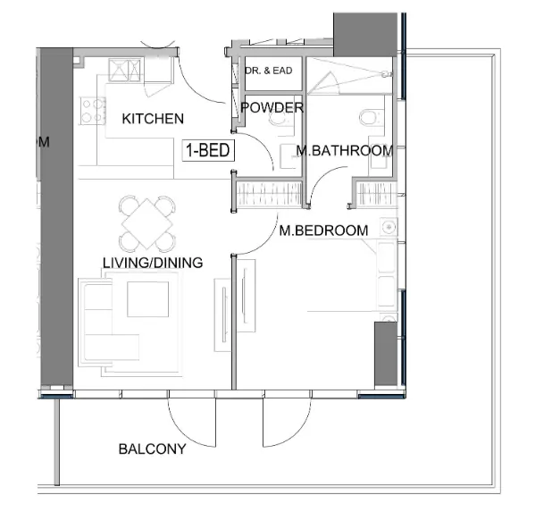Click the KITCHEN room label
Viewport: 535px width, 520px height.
tap(153, 119)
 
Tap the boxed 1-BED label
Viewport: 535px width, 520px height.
tap(207, 151)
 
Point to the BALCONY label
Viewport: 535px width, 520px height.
tap(152, 449)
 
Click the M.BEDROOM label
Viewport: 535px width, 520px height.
tap(322, 231)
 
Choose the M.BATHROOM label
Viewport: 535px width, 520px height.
tap(346, 151)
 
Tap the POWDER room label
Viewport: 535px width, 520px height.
tap(272, 108)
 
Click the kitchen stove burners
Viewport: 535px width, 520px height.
tap(94, 111)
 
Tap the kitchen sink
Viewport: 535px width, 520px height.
tap(126, 71)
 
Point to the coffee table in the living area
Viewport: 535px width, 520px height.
tap(147, 299)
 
